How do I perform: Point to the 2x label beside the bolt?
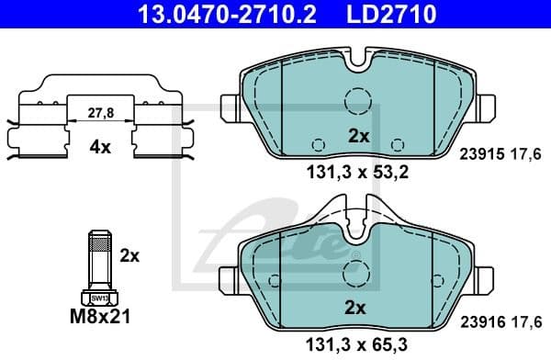[130, 256]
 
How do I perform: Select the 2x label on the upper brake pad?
[357, 136]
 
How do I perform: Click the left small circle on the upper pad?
[318, 145]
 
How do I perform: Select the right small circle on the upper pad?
[397, 145]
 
